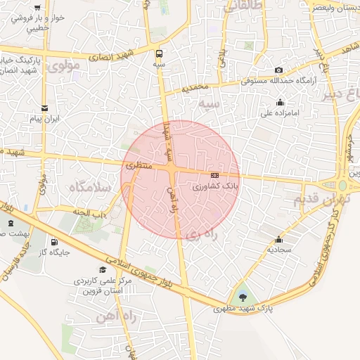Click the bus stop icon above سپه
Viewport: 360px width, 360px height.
(159, 53)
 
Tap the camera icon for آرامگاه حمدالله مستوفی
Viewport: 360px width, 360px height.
(279, 70)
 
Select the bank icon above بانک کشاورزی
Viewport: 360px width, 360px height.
(214, 175)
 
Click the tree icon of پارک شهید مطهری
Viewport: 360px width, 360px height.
(243, 298)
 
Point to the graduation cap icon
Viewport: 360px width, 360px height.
(103, 269)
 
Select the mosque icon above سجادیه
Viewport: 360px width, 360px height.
(279, 239)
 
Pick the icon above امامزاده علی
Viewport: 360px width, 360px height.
(281, 102)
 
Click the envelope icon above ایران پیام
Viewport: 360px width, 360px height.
(45, 108)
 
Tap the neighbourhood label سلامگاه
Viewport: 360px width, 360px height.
(89, 188)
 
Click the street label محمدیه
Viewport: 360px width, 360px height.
(196, 89)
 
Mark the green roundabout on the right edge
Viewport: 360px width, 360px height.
(344, 185)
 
